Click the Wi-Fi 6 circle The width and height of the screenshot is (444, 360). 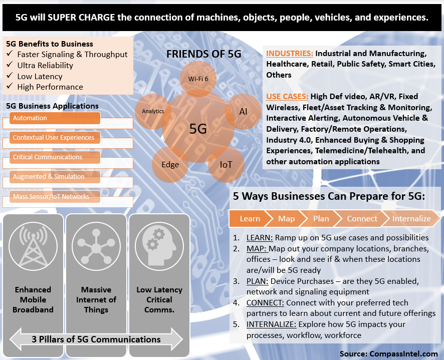click(x=198, y=79)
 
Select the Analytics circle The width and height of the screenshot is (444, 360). click(x=153, y=111)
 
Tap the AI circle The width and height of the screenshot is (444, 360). click(x=243, y=112)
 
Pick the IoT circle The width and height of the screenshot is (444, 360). click(x=226, y=164)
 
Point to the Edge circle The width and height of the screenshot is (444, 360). click(x=170, y=165)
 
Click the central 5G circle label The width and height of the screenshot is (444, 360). click(x=198, y=129)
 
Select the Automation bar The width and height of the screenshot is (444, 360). click(x=55, y=118)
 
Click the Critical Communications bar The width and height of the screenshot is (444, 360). click(x=55, y=157)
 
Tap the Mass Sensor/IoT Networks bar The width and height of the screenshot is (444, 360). click(x=55, y=197)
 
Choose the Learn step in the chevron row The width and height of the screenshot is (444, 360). click(x=250, y=219)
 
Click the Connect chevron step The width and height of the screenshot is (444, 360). click(x=362, y=219)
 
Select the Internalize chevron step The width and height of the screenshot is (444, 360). click(x=411, y=219)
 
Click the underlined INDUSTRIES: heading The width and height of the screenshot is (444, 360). click(x=290, y=53)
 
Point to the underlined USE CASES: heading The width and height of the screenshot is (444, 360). click(x=287, y=96)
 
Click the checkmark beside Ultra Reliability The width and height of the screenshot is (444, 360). click(x=10, y=66)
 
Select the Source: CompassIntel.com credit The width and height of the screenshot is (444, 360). click(x=388, y=353)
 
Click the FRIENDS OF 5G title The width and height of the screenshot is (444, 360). click(x=203, y=54)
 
